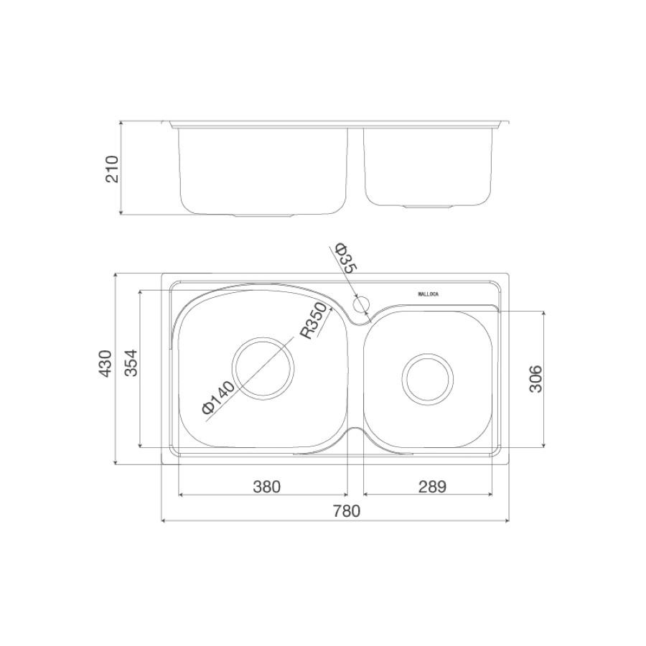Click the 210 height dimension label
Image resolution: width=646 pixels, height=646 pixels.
pyautogui.click(x=112, y=169)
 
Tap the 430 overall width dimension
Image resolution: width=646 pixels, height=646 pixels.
pyautogui.click(x=106, y=363)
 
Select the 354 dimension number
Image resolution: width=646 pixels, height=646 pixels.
pyautogui.click(x=131, y=363)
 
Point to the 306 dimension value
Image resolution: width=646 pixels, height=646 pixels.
pyautogui.click(x=535, y=379)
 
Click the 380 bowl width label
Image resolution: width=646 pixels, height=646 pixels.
pyautogui.click(x=266, y=487)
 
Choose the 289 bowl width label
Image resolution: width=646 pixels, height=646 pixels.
pyautogui.click(x=432, y=487)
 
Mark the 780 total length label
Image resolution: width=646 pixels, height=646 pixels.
pyautogui.click(x=347, y=511)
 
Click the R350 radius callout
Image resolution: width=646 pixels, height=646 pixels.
pyautogui.click(x=317, y=322)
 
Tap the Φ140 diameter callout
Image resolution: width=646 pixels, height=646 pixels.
pyautogui.click(x=218, y=397)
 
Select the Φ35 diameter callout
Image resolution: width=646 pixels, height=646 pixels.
pyautogui.click(x=345, y=258)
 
